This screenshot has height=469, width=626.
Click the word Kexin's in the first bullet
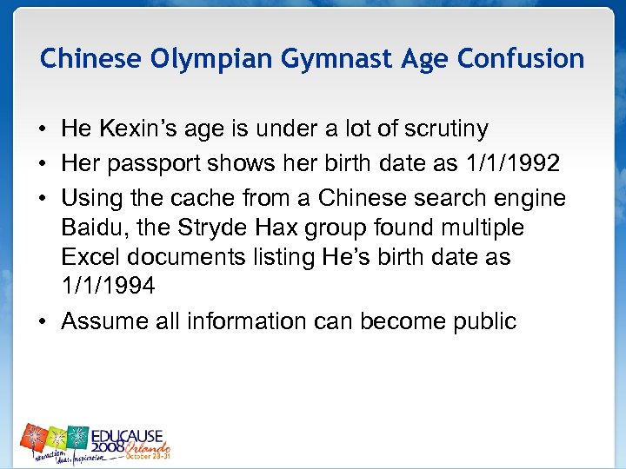(x=137, y=129)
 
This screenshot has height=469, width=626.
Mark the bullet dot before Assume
(x=43, y=322)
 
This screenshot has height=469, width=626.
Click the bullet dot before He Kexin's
(x=43, y=130)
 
